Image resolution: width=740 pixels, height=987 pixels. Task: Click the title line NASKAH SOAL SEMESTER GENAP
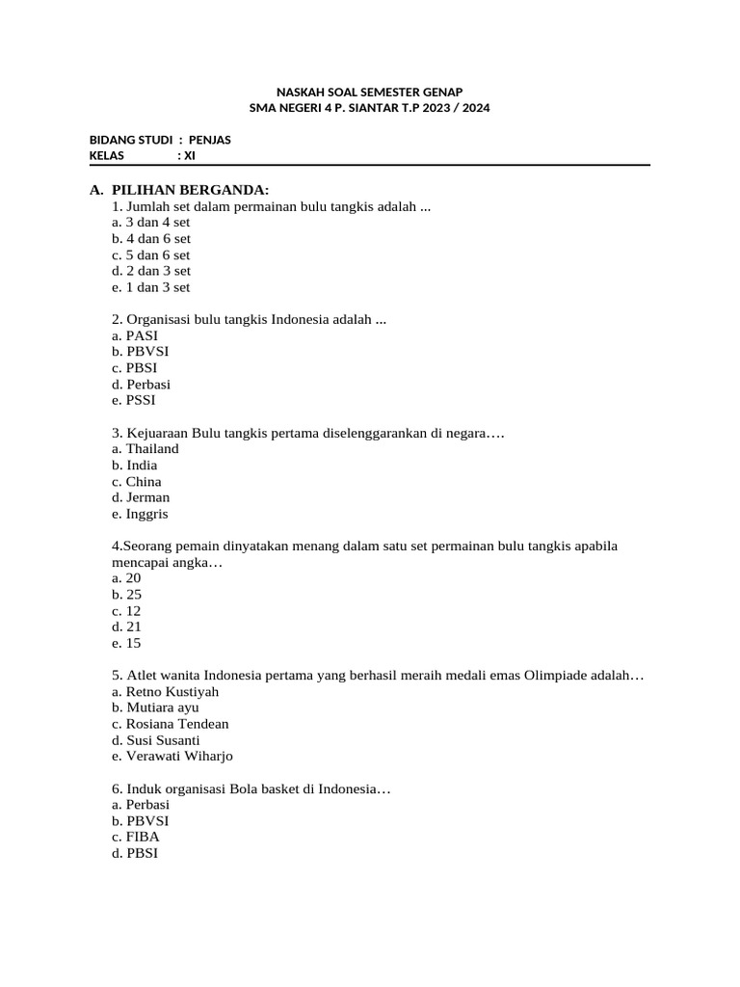pyautogui.click(x=369, y=92)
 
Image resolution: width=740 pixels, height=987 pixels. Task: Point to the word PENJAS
pyautogui.click(x=209, y=140)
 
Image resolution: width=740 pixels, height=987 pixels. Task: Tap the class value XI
pyautogui.click(x=189, y=155)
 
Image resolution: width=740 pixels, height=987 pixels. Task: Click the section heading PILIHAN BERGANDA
pyautogui.click(x=190, y=189)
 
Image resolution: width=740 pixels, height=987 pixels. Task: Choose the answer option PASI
pyautogui.click(x=142, y=335)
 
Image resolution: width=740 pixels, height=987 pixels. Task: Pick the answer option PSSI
pyautogui.click(x=141, y=400)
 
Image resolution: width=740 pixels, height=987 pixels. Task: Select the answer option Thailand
pyautogui.click(x=152, y=449)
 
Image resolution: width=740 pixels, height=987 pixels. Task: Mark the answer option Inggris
pyautogui.click(x=147, y=514)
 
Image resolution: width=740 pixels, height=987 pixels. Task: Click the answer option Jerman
pyautogui.click(x=148, y=497)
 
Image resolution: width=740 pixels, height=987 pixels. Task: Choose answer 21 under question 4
pyautogui.click(x=134, y=627)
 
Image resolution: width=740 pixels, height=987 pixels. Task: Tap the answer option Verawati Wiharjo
pyautogui.click(x=179, y=757)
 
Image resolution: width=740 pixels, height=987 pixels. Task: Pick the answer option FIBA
pyautogui.click(x=143, y=837)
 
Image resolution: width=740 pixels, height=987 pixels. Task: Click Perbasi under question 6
pyautogui.click(x=147, y=804)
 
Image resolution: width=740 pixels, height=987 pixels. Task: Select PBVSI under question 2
pyautogui.click(x=147, y=352)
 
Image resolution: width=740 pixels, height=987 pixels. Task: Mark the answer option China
pyautogui.click(x=144, y=482)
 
